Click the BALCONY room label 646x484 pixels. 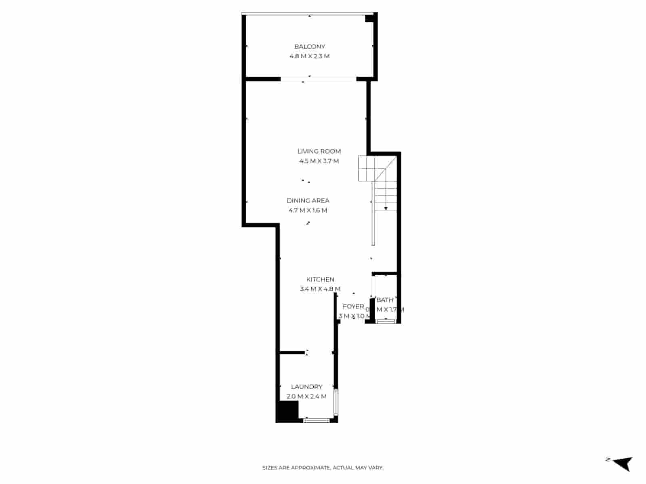pyautogui.click(x=309, y=47)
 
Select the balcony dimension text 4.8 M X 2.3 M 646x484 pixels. pyautogui.click(x=309, y=56)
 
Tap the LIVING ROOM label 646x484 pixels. pyautogui.click(x=319, y=152)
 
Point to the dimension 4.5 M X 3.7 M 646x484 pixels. pyautogui.click(x=319, y=161)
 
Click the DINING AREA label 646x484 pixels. pyautogui.click(x=308, y=201)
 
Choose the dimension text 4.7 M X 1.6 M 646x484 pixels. pyautogui.click(x=308, y=211)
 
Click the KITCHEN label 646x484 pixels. pyautogui.click(x=320, y=280)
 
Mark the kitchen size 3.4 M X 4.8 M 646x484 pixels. pyautogui.click(x=320, y=289)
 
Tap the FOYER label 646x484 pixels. pyautogui.click(x=353, y=307)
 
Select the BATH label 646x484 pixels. pyautogui.click(x=385, y=300)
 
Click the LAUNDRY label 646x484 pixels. pyautogui.click(x=307, y=387)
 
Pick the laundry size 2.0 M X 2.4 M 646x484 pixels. pyautogui.click(x=307, y=396)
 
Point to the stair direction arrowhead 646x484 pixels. pyautogui.click(x=386, y=208)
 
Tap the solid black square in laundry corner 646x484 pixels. pyautogui.click(x=287, y=411)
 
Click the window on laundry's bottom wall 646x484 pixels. pyautogui.click(x=317, y=420)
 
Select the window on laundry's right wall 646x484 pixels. pyautogui.click(x=336, y=402)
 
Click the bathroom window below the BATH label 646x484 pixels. pyautogui.click(x=386, y=321)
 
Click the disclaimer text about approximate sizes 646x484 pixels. pyautogui.click(x=323, y=468)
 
